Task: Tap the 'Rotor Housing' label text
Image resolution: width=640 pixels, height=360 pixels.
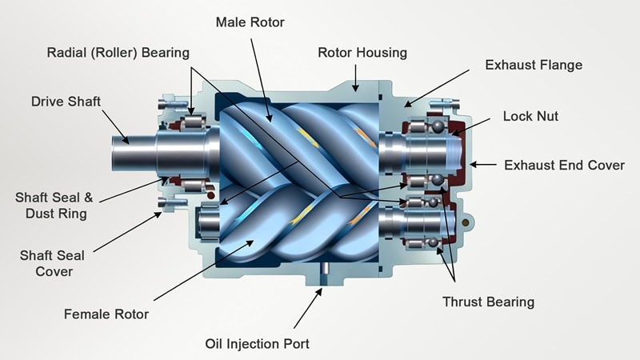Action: [x=362, y=53]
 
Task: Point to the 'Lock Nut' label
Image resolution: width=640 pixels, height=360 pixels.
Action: [x=530, y=116]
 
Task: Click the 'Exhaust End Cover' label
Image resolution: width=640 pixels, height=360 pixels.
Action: [x=564, y=165]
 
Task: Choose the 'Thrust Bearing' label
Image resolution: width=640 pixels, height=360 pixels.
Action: [x=488, y=302]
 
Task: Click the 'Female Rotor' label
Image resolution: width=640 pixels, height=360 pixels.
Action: [x=107, y=314]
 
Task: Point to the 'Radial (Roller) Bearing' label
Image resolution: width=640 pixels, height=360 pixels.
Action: [x=118, y=53]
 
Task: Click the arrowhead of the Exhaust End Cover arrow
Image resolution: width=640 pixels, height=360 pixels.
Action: [x=473, y=165]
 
